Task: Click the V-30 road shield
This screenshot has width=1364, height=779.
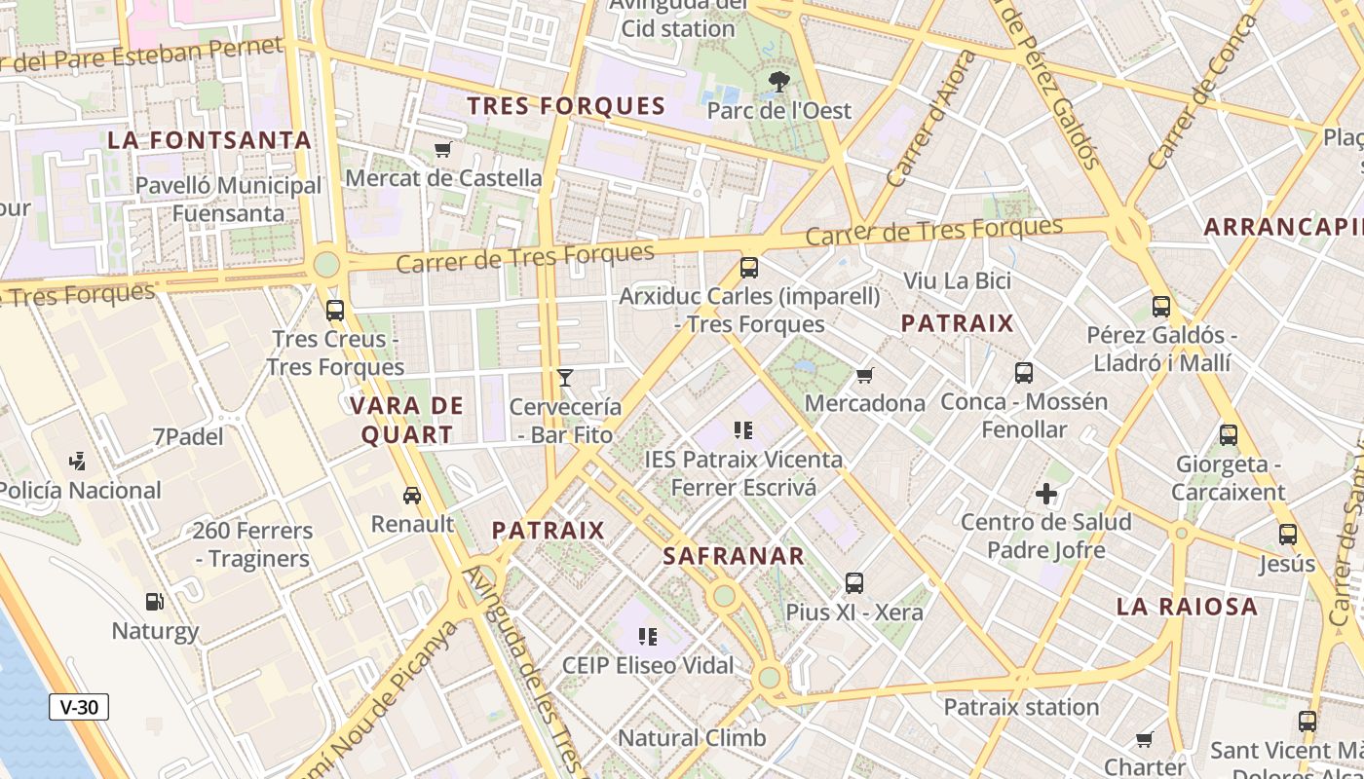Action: pos(79,707)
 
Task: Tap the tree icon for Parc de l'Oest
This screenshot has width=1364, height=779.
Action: pos(778,82)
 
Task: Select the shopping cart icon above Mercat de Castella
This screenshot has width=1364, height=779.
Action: pos(443,149)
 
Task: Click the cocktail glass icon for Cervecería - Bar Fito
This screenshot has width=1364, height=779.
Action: pos(565,378)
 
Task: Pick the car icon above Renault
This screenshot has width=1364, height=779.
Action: pos(412,496)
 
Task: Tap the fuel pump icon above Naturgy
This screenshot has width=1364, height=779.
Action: pos(154,602)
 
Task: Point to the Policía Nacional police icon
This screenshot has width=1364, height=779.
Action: pos(78,462)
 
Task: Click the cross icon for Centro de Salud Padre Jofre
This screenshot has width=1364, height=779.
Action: pos(1046,494)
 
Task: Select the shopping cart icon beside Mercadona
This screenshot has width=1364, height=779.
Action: pos(864,375)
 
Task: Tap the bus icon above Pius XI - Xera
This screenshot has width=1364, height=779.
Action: pos(854,583)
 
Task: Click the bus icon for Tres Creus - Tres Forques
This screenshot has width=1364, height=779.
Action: pos(335,311)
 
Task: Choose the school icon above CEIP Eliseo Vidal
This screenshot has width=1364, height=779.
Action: pos(648,637)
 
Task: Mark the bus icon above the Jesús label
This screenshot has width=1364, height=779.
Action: pos(1288,535)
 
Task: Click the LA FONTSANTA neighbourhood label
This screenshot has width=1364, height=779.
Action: pos(209,140)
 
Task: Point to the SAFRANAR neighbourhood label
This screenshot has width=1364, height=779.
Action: pos(734,557)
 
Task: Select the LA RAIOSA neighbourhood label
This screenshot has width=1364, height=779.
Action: pos(1187,607)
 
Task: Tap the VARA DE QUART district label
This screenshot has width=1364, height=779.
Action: pos(407,421)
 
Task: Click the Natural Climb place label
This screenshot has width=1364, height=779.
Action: pos(692,738)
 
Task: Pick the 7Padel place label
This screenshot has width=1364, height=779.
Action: pos(188,437)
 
